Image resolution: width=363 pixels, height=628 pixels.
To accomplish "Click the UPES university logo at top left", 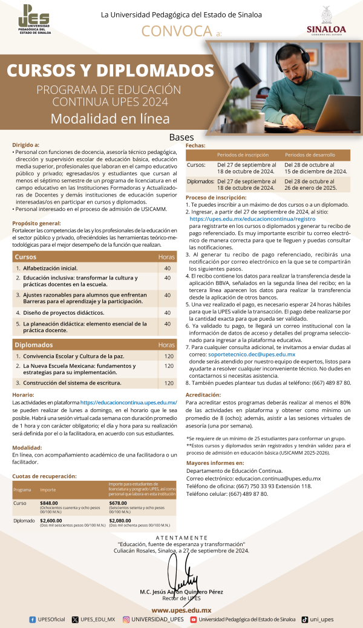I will pyautogui.click(x=34, y=20).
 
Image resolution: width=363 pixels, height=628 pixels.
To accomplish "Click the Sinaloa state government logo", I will pyautogui.click(x=326, y=22).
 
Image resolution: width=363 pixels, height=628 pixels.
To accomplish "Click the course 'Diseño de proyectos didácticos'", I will pyautogui.click(x=63, y=313).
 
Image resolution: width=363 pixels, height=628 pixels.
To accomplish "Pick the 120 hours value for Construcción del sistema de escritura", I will pyautogui.click(x=169, y=383).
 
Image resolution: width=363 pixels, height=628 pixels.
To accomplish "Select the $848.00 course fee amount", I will pyautogui.click(x=50, y=503).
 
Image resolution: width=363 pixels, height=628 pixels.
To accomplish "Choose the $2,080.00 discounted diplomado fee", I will pyautogui.click(x=122, y=520).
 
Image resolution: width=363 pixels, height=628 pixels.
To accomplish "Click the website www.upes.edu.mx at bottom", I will pyautogui.click(x=181, y=610).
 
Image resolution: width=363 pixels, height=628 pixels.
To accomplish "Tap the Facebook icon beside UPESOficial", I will pyautogui.click(x=32, y=620).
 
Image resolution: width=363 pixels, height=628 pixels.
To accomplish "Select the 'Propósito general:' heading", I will pyautogui.click(x=36, y=224).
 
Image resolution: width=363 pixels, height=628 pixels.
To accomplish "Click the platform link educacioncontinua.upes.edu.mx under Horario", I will pyautogui.click(x=128, y=403).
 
